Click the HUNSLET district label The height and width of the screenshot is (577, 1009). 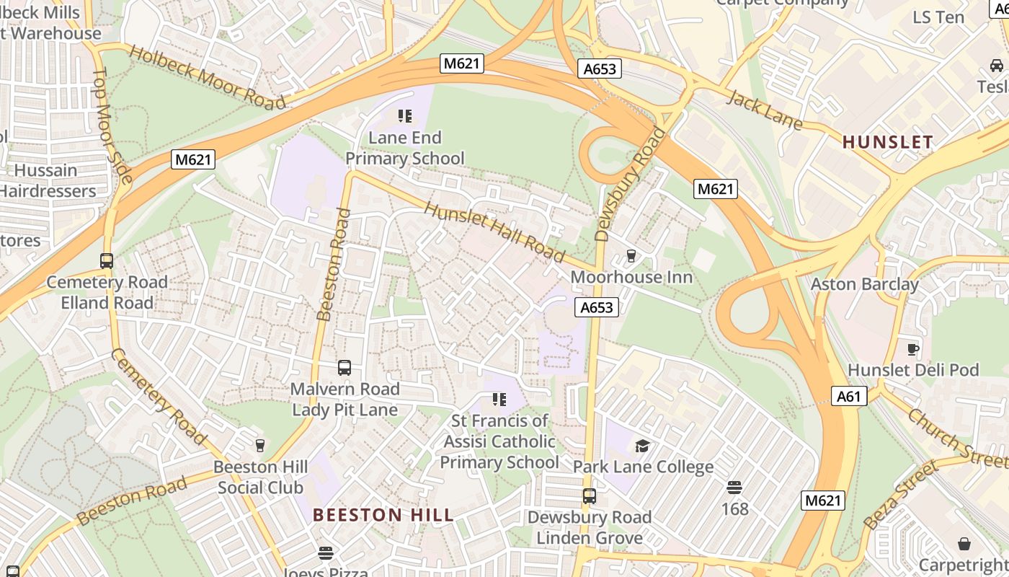coord(888,142)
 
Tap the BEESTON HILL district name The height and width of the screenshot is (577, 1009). coord(383,515)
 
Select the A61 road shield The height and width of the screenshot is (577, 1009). coord(848,396)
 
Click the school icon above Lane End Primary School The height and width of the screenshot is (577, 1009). coord(404,115)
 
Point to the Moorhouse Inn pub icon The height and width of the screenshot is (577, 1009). coord(631,256)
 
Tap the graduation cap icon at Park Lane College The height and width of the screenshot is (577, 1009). coord(642,446)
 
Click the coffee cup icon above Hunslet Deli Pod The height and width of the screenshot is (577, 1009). coord(913,349)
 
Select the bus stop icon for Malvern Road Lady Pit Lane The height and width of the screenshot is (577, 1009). coord(345,368)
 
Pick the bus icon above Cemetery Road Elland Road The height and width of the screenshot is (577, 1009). coord(107,261)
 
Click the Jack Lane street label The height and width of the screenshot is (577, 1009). coord(764,110)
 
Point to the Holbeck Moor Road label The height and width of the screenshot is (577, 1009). coord(208,76)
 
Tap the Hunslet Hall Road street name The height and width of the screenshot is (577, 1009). coord(494,232)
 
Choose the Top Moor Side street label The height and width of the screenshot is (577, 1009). coord(113,125)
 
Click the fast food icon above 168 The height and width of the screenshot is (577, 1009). coord(734,488)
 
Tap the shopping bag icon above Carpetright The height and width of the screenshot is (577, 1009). coord(964,543)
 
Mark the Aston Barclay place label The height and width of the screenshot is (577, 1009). coord(864,284)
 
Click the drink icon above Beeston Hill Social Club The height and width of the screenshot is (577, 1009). coord(260,446)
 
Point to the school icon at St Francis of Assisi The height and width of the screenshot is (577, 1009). coord(499,399)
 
